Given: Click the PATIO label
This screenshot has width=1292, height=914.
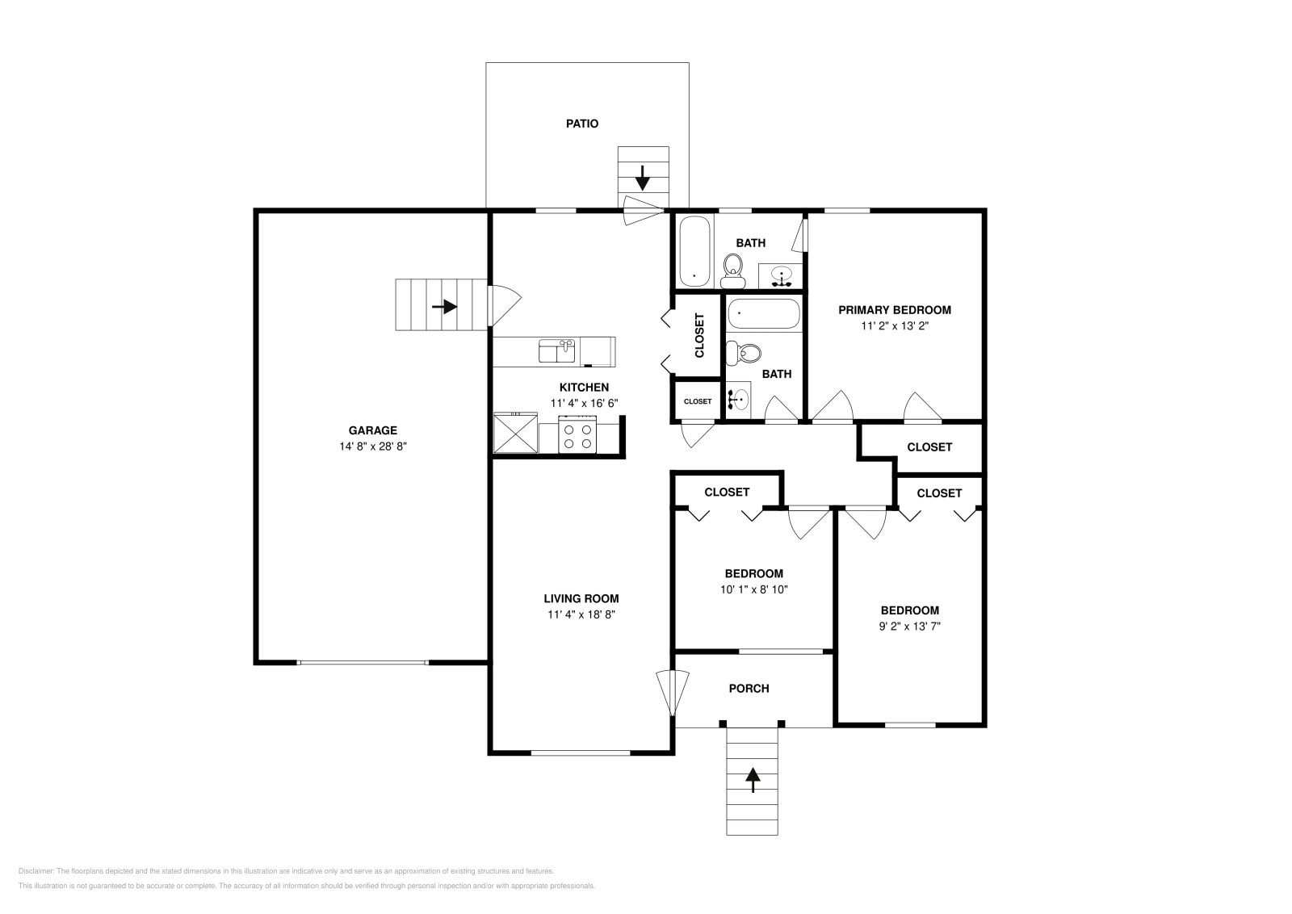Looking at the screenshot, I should pyautogui.click(x=581, y=124).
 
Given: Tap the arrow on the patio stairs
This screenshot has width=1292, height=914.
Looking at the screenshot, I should pyautogui.click(x=643, y=176).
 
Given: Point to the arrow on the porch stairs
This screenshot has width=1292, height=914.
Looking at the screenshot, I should pyautogui.click(x=753, y=778).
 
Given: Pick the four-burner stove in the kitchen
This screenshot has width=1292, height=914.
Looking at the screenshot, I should pyautogui.click(x=577, y=436).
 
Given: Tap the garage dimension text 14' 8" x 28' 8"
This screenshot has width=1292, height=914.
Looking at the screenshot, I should pyautogui.click(x=372, y=445).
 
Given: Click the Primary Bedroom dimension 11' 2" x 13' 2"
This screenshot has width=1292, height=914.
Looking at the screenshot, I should pyautogui.click(x=894, y=326).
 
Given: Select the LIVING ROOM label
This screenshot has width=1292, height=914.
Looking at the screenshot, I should pyautogui.click(x=581, y=598).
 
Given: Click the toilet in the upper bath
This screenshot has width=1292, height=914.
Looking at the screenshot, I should pyautogui.click(x=733, y=270).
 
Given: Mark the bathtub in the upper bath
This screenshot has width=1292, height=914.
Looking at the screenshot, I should pyautogui.click(x=694, y=251).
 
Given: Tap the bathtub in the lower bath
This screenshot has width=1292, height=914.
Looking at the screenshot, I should pyautogui.click(x=763, y=313).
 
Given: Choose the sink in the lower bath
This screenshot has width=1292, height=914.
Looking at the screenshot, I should pyautogui.click(x=738, y=398).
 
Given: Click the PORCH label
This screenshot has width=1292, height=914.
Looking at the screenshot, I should pyautogui.click(x=749, y=688).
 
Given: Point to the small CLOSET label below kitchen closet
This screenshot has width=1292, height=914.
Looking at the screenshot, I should pyautogui.click(x=698, y=401).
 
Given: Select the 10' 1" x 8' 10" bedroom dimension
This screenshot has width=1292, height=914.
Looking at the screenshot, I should pyautogui.click(x=753, y=589).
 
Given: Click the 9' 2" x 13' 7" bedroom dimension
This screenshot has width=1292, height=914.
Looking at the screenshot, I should pyautogui.click(x=909, y=626).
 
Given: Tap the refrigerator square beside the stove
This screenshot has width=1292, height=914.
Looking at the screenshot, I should pyautogui.click(x=515, y=434).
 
